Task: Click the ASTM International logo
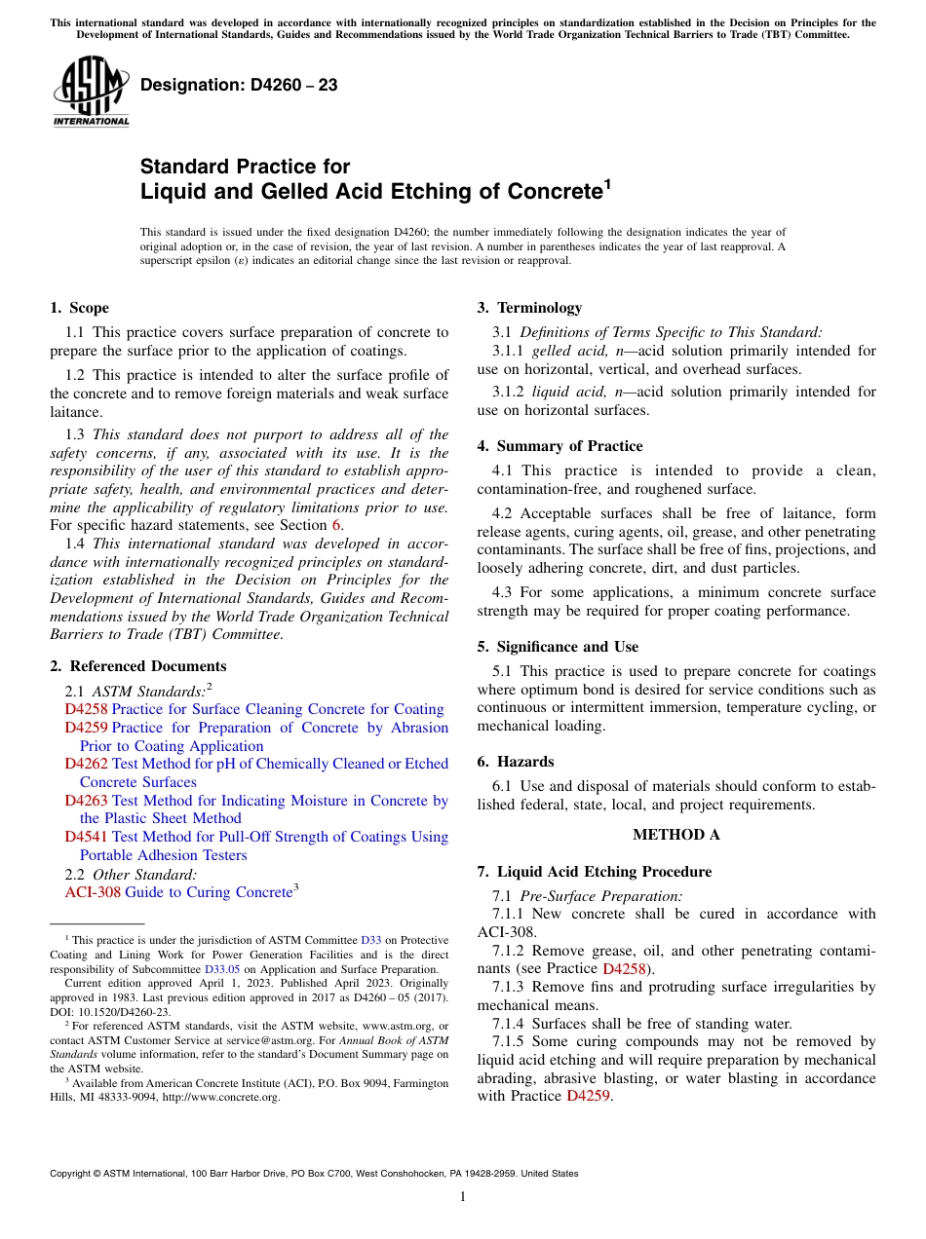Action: coord(91,90)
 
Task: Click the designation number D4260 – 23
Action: coord(239,86)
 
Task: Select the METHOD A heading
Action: coord(675,835)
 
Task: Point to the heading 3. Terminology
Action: coord(529,308)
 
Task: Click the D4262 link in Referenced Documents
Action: coord(86,764)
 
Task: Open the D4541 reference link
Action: coord(86,837)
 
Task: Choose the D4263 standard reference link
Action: coord(86,801)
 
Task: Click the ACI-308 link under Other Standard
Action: coord(93,892)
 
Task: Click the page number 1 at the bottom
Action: coord(463,1197)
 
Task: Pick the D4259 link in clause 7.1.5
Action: coord(588,1096)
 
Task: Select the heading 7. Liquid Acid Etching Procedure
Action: coord(594,872)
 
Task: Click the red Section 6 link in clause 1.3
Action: coord(337,525)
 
